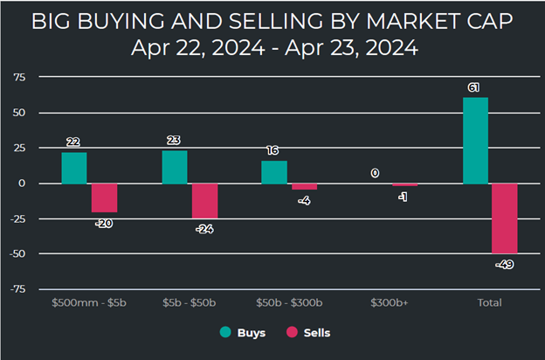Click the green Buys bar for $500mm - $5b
(74, 168)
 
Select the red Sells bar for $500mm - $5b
(104, 197)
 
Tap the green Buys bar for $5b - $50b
(175, 167)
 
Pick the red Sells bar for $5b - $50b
(204, 200)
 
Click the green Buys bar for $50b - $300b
(274, 172)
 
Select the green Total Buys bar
(475, 140)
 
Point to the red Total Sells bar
(504, 218)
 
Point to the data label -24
(206, 230)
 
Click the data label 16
(274, 150)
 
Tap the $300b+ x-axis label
(389, 303)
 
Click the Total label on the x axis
(489, 303)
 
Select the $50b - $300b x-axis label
(288, 303)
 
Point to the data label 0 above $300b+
(375, 173)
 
